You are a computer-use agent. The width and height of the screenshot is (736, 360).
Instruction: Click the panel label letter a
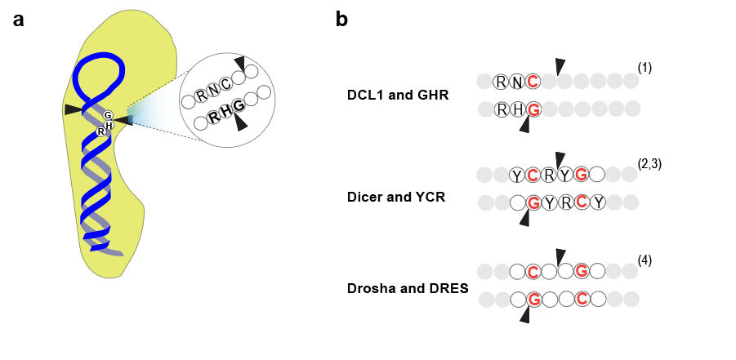tap(18, 20)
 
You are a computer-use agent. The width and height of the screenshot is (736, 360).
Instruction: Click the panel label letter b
tap(341, 20)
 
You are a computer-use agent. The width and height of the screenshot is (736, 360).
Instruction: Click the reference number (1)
tap(645, 68)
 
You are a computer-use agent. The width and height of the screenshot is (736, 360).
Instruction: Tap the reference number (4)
tap(645, 260)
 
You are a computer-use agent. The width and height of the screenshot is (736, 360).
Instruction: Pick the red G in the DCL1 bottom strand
tap(533, 109)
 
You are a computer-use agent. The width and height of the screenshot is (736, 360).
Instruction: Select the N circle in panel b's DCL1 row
tap(517, 82)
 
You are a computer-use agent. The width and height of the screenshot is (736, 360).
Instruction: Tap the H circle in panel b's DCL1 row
tap(517, 109)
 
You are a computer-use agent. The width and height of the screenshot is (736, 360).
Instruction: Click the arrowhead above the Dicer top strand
tap(560, 159)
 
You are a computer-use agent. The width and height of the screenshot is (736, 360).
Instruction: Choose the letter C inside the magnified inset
tap(225, 85)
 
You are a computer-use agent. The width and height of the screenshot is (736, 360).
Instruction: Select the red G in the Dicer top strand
tap(581, 175)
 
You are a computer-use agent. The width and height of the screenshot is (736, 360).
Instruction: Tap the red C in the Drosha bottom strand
tap(581, 299)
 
